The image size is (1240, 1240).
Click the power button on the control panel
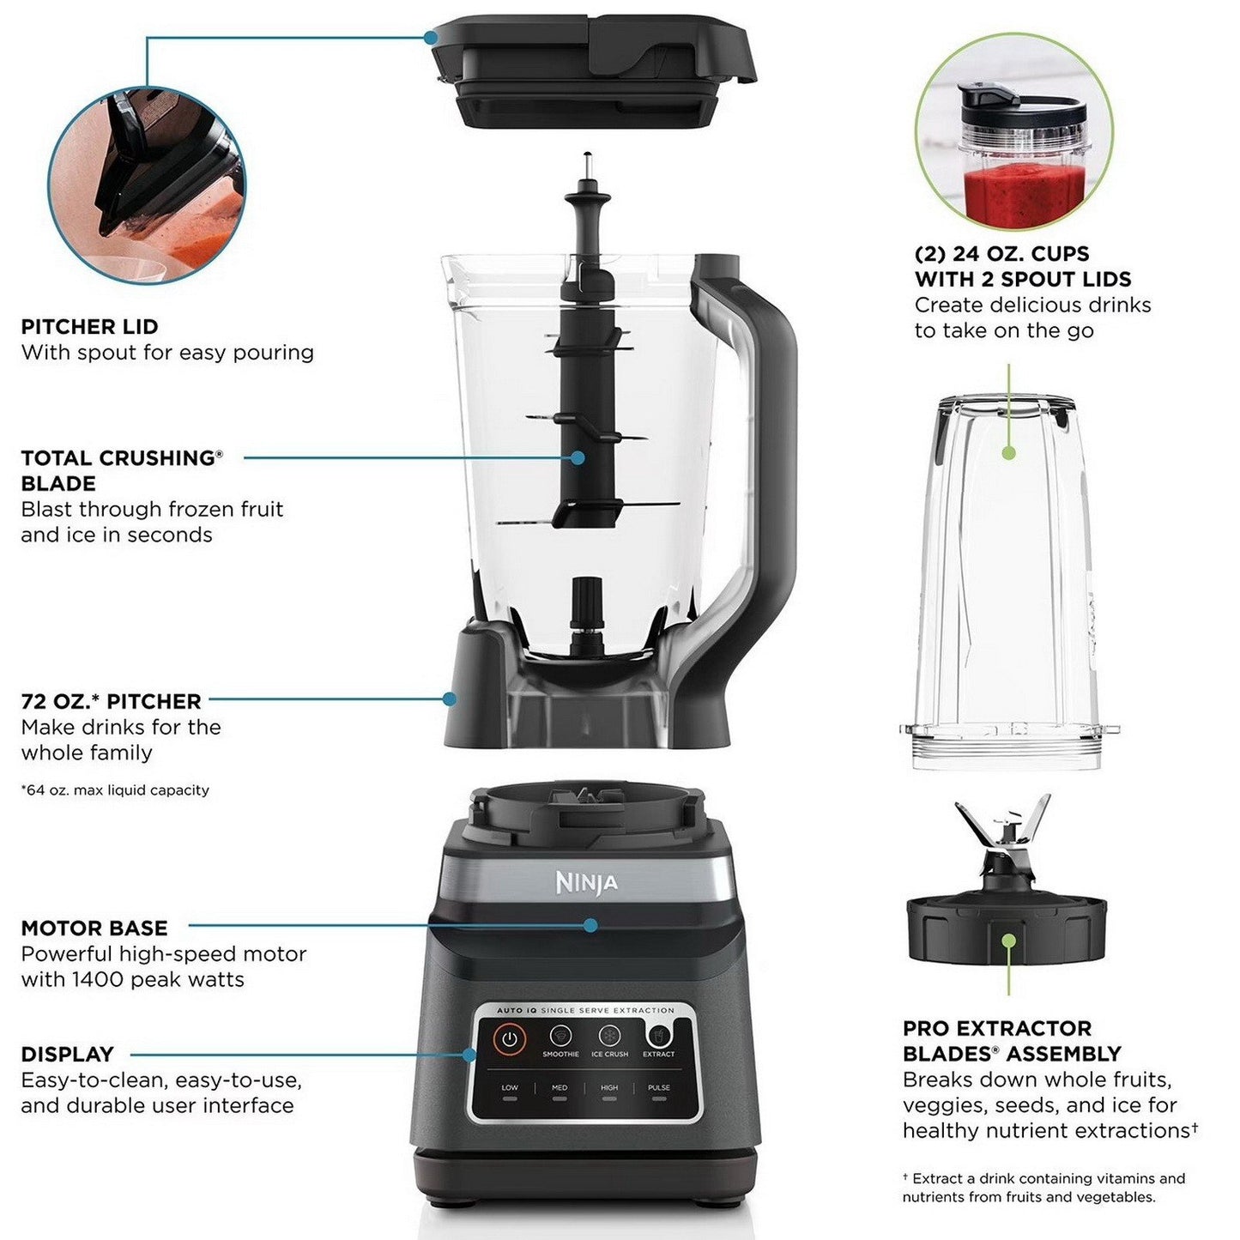[510, 1038]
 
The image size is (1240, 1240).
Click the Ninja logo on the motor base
[586, 882]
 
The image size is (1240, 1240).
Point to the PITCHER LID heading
[89, 327]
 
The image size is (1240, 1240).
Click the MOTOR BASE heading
[94, 928]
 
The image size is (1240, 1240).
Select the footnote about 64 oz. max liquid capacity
[115, 790]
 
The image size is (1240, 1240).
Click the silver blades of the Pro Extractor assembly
[1003, 828]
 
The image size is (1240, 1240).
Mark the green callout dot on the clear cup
[1009, 452]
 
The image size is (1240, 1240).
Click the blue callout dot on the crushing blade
[578, 458]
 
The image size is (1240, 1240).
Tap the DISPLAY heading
[67, 1055]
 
